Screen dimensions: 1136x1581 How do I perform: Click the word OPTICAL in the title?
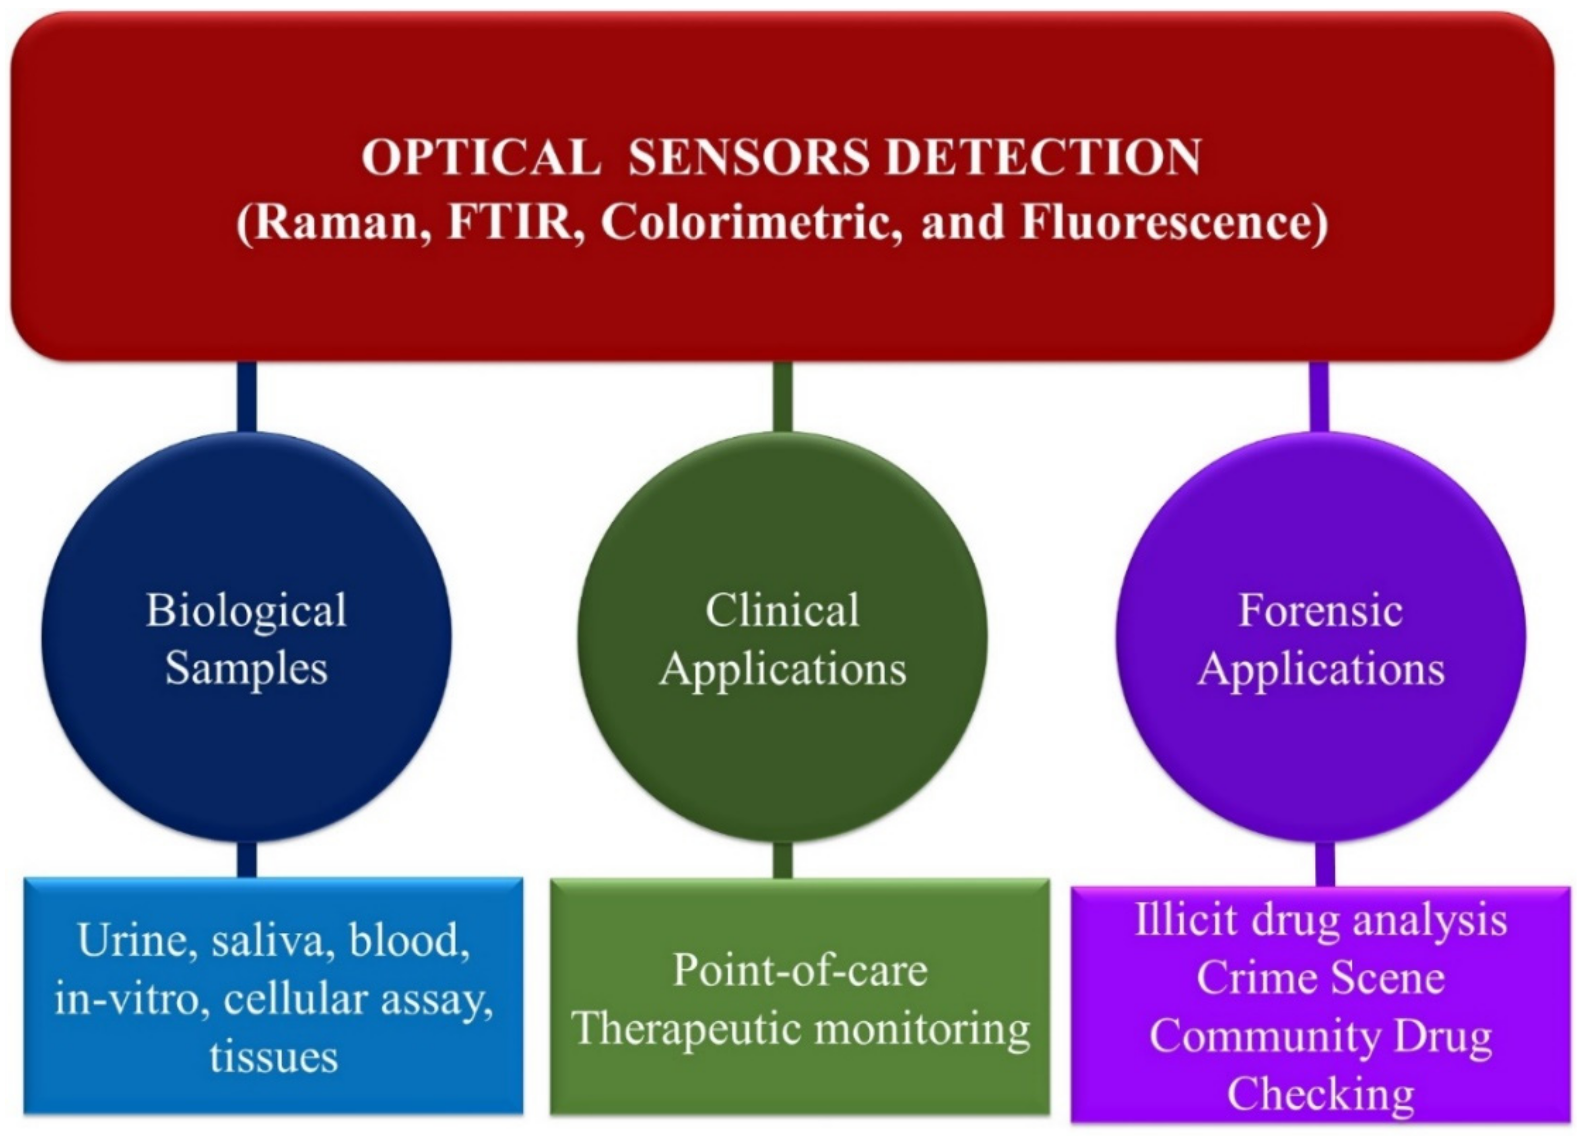(481, 157)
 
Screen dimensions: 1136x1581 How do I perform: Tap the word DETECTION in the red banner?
(1044, 157)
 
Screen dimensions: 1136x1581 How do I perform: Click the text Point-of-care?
(800, 970)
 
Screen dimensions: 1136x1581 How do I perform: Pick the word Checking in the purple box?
(1320, 1094)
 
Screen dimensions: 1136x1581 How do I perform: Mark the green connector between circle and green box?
(783, 860)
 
